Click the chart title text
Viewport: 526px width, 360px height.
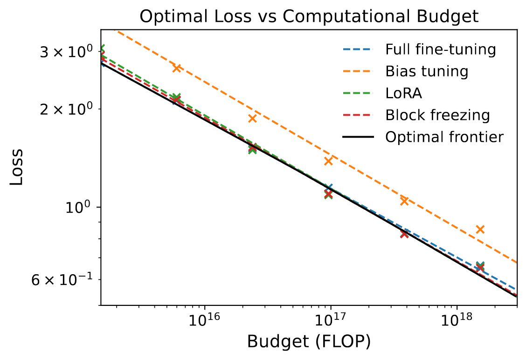309,16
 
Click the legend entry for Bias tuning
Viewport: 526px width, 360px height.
426,71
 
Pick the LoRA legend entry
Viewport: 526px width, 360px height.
403,93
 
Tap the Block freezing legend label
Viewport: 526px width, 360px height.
437,115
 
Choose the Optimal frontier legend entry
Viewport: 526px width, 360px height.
444,137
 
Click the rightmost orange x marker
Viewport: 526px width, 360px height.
480,229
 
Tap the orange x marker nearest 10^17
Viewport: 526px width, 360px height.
328,161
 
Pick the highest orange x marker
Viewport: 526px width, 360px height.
177,68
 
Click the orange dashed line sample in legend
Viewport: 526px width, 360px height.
358,71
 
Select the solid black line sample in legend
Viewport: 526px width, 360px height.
358,137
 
